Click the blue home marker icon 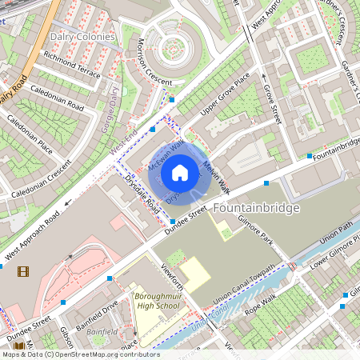(x=180, y=172)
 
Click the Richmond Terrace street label (x=72, y=66)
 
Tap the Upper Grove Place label (x=226, y=103)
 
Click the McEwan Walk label (x=166, y=155)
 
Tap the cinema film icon (x=22, y=271)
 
